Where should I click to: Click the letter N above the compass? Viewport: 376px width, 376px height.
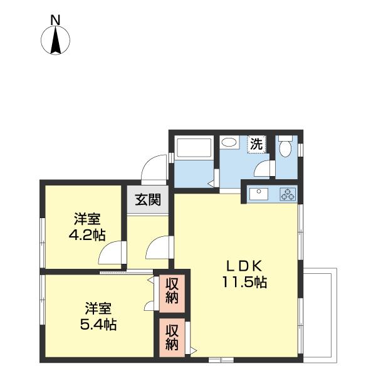pyautogui.click(x=55, y=19)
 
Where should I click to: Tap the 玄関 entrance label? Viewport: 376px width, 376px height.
pyautogui.click(x=149, y=201)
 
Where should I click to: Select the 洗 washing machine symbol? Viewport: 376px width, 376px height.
pyautogui.click(x=257, y=144)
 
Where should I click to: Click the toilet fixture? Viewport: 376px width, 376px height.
pyautogui.click(x=286, y=148)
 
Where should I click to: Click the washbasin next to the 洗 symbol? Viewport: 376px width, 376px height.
pyautogui.click(x=229, y=144)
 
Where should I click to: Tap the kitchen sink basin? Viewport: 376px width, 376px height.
pyautogui.click(x=258, y=194)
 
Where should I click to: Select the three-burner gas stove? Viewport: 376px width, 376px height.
pyautogui.click(x=288, y=194)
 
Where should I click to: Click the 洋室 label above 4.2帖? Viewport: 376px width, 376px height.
pyautogui.click(x=86, y=219)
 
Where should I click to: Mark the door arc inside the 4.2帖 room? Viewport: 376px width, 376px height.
pyautogui.click(x=112, y=254)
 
